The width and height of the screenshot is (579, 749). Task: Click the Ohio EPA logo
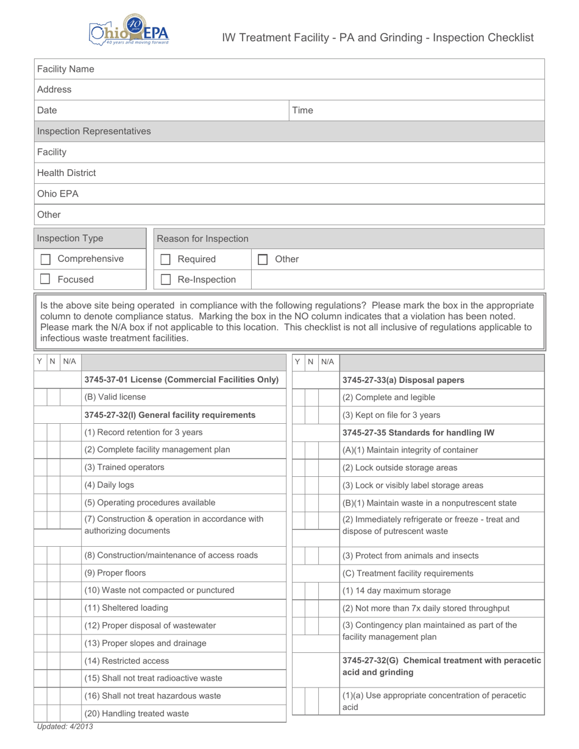click(129, 30)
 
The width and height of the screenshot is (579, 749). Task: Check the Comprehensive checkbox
click(45, 259)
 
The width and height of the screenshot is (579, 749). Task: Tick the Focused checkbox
click(45, 280)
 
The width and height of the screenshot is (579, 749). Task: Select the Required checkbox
click(165, 259)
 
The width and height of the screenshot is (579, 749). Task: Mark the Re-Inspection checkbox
click(165, 280)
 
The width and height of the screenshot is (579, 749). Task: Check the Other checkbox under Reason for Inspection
click(263, 259)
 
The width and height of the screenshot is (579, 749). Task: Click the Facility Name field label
click(66, 69)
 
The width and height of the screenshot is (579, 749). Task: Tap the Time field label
click(302, 110)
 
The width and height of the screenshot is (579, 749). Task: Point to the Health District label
click(66, 173)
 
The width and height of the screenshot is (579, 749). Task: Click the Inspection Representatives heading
click(94, 132)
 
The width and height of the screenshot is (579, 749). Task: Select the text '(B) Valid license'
click(115, 397)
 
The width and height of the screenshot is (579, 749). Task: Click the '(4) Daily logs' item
click(109, 485)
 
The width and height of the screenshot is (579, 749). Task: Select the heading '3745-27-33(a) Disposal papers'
click(403, 380)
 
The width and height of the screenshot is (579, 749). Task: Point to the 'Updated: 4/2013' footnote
click(65, 726)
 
